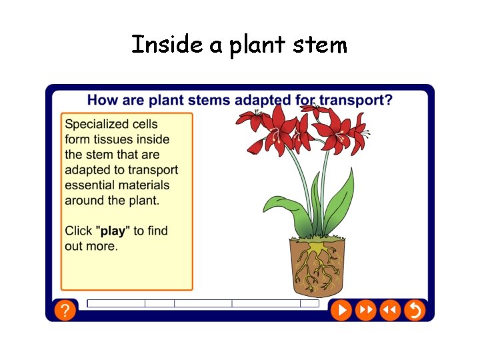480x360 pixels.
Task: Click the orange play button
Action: (341, 310)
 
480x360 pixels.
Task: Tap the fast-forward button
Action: (365, 310)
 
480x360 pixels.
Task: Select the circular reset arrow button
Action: (415, 310)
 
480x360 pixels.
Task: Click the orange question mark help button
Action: (64, 310)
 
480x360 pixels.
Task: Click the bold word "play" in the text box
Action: (113, 231)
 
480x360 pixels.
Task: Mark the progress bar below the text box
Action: (203, 303)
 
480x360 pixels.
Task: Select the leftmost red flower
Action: (251, 121)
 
